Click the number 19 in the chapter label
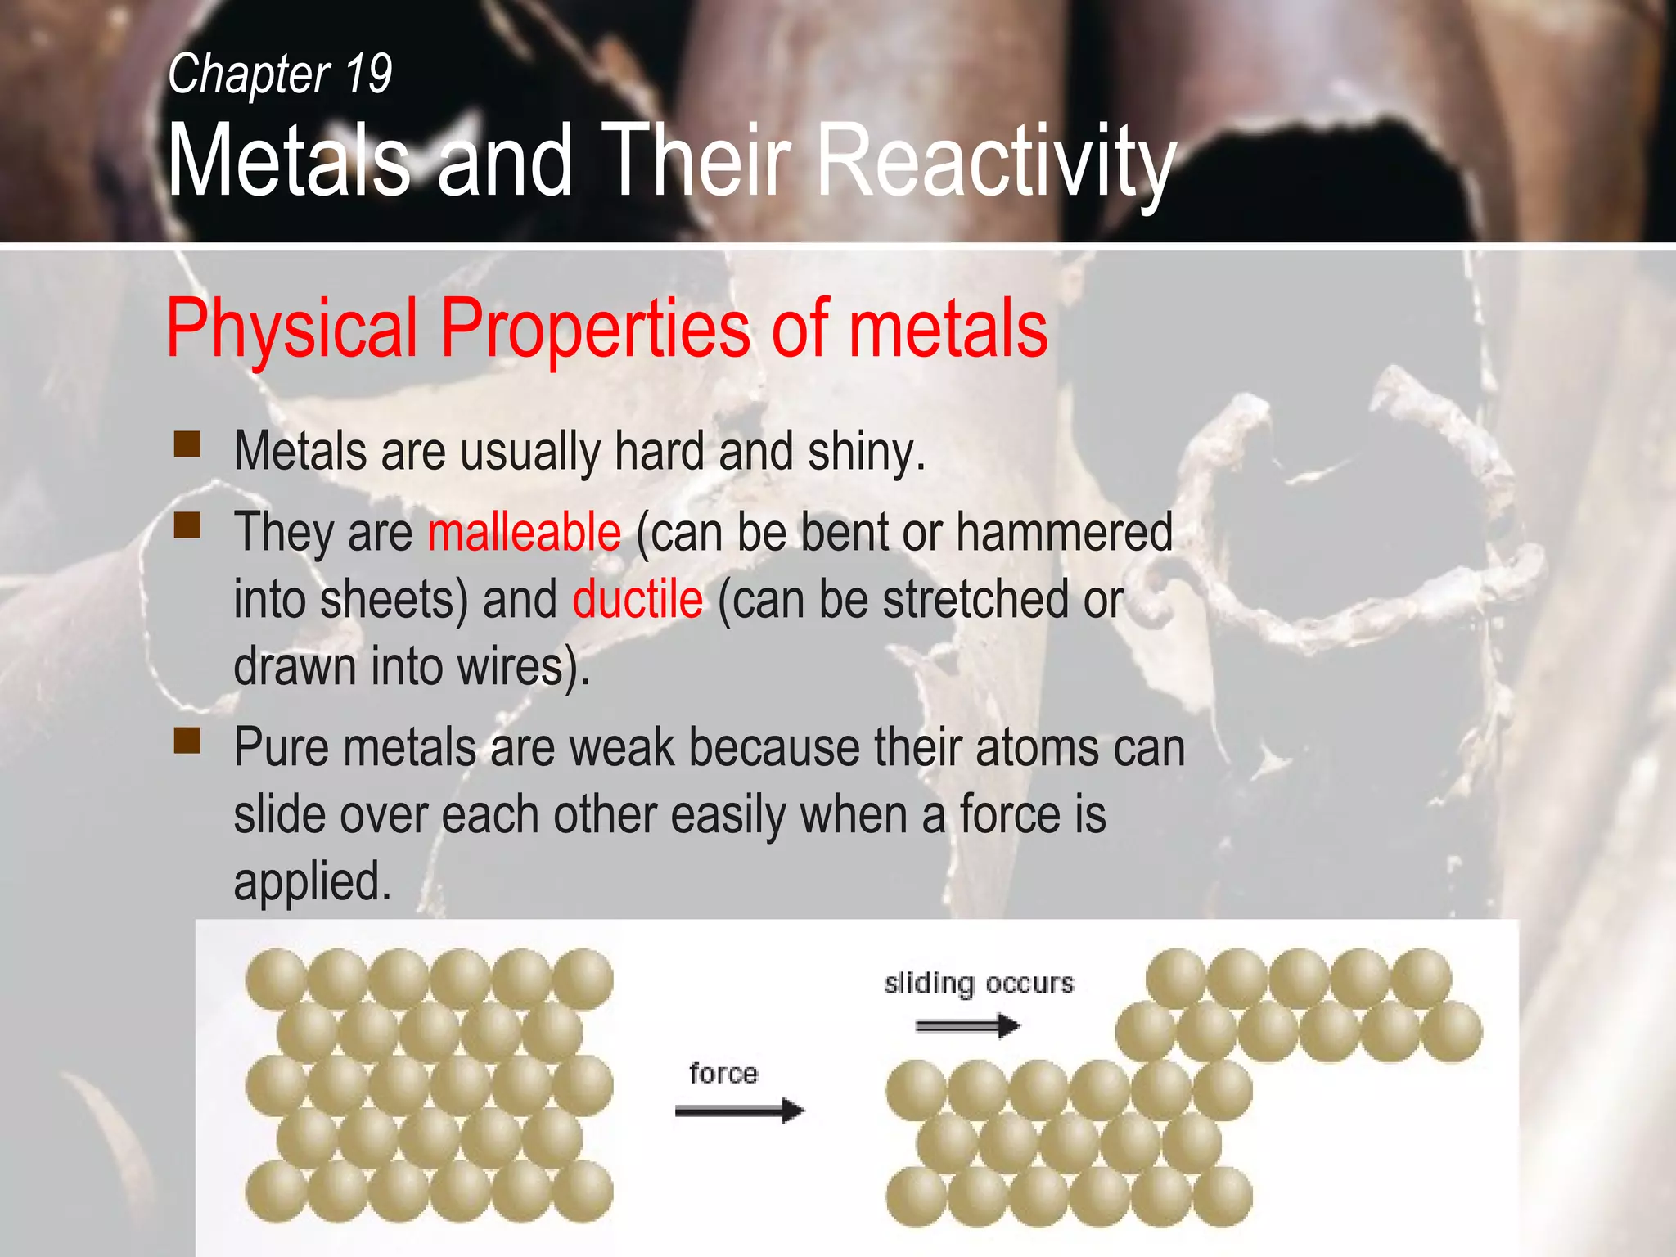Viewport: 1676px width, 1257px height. pyautogui.click(x=368, y=74)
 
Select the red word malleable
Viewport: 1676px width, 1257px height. pyautogui.click(x=524, y=533)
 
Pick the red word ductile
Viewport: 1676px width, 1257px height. pyautogui.click(x=637, y=599)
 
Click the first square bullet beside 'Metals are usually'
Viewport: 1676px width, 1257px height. pyautogui.click(x=187, y=444)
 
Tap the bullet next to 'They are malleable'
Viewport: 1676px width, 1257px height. pyautogui.click(x=187, y=525)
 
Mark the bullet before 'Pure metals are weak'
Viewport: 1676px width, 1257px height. pyautogui.click(x=187, y=740)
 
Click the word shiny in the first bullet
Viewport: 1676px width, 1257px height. pyautogui.click(x=866, y=452)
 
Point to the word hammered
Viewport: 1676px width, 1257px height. pyautogui.click(x=1064, y=532)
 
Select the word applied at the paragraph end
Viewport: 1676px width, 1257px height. pyautogui.click(x=313, y=882)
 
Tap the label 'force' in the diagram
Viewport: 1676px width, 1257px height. pyautogui.click(x=723, y=1073)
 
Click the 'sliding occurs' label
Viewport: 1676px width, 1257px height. pyautogui.click(x=978, y=983)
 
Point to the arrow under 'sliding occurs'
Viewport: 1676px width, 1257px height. pyautogui.click(x=967, y=1025)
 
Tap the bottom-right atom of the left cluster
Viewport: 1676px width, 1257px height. pyautogui.click(x=583, y=1192)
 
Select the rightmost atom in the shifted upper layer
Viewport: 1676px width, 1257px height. pyautogui.click(x=1452, y=1031)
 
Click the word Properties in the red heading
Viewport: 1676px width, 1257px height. pyautogui.click(x=595, y=329)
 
